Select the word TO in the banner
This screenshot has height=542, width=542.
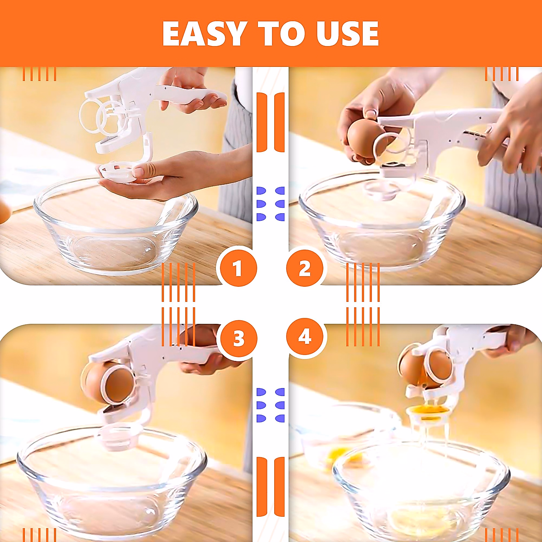280,33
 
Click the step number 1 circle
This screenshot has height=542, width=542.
237,269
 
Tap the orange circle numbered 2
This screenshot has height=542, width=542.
305,269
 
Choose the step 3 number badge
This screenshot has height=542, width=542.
238,338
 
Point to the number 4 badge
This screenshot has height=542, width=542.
305,337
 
